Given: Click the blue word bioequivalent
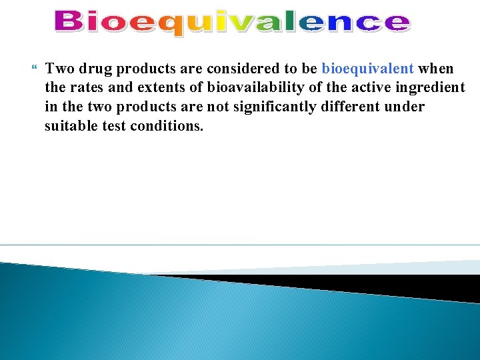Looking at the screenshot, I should coord(367,69).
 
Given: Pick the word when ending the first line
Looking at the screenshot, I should coord(436,69).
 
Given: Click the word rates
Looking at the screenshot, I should coord(86,88).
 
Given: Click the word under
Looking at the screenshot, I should coord(405,107).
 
